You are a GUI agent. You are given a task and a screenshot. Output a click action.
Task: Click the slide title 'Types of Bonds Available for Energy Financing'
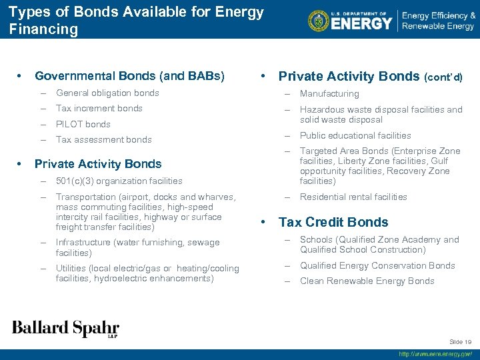click(x=136, y=21)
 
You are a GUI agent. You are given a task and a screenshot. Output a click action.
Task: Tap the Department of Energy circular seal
click(x=319, y=21)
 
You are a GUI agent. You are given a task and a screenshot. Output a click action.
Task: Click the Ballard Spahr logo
click(x=65, y=329)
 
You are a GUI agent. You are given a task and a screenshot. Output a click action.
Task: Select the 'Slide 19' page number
click(x=460, y=341)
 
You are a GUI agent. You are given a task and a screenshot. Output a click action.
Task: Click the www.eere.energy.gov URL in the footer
click(x=435, y=355)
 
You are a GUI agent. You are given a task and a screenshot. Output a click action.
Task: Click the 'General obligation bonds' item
click(x=107, y=93)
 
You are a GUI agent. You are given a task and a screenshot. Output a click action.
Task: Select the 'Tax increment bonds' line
click(x=99, y=108)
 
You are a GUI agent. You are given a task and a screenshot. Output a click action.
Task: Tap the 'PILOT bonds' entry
click(x=83, y=124)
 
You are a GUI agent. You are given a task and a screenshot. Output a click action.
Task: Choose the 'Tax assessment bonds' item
click(x=103, y=139)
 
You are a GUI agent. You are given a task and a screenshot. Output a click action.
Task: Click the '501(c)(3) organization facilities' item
click(x=119, y=181)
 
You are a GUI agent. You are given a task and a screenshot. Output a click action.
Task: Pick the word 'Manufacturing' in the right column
click(x=329, y=94)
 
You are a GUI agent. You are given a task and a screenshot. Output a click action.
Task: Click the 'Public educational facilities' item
click(x=355, y=135)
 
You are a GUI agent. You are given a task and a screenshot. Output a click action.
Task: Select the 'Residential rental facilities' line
click(x=353, y=197)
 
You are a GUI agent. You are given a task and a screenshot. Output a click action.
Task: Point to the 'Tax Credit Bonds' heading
click(x=333, y=222)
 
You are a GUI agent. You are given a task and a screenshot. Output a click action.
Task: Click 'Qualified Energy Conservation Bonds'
click(x=377, y=265)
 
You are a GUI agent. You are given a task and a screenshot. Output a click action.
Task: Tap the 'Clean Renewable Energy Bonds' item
click(x=367, y=281)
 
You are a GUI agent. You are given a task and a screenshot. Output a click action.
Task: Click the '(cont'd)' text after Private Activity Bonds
click(x=443, y=77)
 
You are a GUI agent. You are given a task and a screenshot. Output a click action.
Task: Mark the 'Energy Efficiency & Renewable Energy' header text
click(x=437, y=21)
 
